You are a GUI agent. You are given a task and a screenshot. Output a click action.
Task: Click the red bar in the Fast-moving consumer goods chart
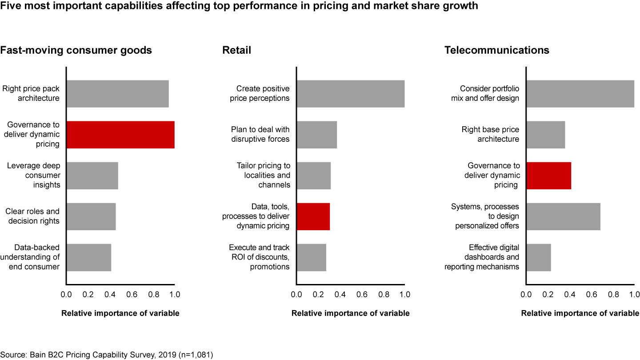(x=120, y=135)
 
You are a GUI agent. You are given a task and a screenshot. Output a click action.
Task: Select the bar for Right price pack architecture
(x=118, y=94)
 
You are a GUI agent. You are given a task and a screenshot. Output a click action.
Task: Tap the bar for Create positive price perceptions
(x=351, y=94)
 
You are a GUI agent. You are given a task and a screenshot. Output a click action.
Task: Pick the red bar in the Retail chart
(x=313, y=216)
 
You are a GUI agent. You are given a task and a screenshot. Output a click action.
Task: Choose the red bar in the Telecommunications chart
(x=549, y=176)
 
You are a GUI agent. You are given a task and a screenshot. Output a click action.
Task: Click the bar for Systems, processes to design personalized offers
(x=564, y=216)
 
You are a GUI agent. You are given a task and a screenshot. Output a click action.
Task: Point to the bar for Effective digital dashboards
(x=539, y=257)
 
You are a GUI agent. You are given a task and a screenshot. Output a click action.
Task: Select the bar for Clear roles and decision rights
(x=91, y=216)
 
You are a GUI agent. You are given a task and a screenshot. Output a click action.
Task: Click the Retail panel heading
(x=237, y=50)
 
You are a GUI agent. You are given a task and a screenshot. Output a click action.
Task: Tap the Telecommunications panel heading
(x=497, y=50)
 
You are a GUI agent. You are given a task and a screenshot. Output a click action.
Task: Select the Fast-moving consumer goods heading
(x=76, y=50)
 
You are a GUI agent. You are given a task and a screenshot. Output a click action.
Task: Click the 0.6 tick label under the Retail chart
(x=362, y=294)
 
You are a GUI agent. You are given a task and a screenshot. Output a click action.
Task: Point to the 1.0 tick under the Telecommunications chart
(x=634, y=294)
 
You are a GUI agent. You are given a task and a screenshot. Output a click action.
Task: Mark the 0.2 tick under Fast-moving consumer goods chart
(x=88, y=294)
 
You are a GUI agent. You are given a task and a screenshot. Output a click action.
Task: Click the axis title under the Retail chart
(x=350, y=313)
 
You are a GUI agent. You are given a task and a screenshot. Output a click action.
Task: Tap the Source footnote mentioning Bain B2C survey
(x=107, y=355)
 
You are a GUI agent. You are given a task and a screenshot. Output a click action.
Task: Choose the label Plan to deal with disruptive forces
(x=260, y=134)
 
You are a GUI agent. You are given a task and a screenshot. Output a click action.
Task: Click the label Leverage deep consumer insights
(x=34, y=175)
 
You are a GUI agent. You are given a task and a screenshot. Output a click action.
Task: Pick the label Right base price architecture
(x=490, y=134)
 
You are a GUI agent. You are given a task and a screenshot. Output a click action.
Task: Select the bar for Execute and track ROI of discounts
(x=312, y=257)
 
